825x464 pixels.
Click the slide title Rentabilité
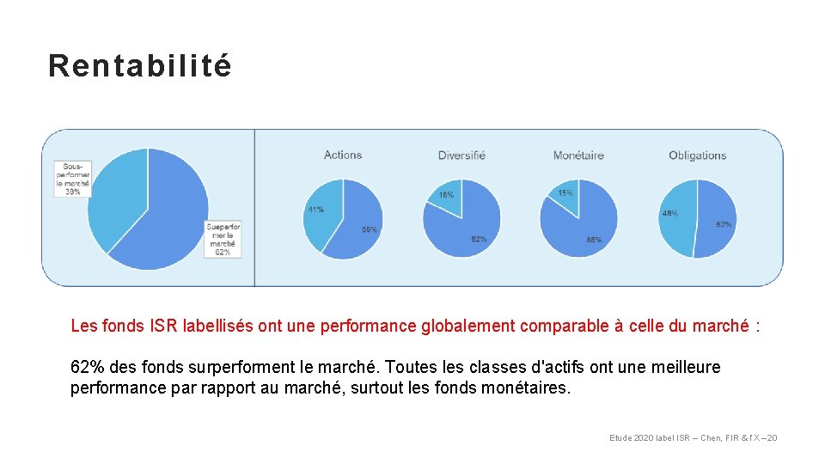tap(140, 65)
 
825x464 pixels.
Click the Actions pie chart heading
tap(343, 156)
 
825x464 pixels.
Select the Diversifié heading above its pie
tap(461, 156)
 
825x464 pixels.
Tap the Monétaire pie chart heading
tap(578, 156)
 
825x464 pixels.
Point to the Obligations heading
tap(697, 156)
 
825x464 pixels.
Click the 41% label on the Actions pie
tap(315, 210)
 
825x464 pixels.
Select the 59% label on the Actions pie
tap(369, 230)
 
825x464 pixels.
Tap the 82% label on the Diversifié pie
tap(479, 240)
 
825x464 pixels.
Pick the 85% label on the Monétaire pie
tap(593, 241)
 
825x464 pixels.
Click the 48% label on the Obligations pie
tap(669, 213)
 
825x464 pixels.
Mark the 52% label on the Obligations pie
tap(724, 224)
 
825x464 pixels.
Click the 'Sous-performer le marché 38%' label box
tap(73, 179)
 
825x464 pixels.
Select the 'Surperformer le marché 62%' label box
tap(223, 239)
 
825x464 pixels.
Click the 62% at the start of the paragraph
tap(85, 368)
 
